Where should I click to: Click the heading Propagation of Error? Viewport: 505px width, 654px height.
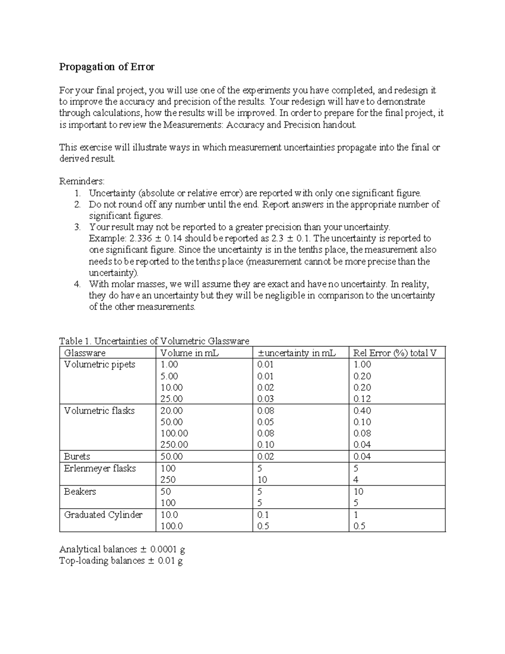pyautogui.click(x=107, y=67)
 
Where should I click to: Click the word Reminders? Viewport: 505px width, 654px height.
pyautogui.click(x=82, y=182)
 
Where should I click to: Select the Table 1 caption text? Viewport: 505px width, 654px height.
pyautogui.click(x=154, y=341)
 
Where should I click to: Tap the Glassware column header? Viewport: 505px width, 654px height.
pyautogui.click(x=85, y=353)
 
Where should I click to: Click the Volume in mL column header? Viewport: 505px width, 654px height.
pyautogui.click(x=189, y=353)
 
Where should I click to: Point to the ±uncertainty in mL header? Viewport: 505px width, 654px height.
pyautogui.click(x=296, y=353)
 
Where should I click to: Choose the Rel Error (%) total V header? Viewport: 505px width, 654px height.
pyautogui.click(x=395, y=353)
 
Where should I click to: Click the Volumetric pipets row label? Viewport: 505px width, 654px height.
pyautogui.click(x=99, y=365)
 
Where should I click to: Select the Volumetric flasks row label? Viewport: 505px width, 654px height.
pyautogui.click(x=99, y=411)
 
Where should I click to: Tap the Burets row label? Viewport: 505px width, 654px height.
pyautogui.click(x=77, y=456)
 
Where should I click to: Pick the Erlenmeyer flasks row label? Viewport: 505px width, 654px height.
pyautogui.click(x=100, y=468)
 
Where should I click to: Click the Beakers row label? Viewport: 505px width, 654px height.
pyautogui.click(x=80, y=491)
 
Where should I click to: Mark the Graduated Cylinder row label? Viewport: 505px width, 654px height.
pyautogui.click(x=103, y=515)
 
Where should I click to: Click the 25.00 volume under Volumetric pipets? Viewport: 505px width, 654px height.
pyautogui.click(x=172, y=399)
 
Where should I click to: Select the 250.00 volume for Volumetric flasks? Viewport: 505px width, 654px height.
pyautogui.click(x=174, y=445)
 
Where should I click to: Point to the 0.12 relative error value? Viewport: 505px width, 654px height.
pyautogui.click(x=362, y=399)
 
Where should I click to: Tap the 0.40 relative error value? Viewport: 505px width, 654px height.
pyautogui.click(x=362, y=411)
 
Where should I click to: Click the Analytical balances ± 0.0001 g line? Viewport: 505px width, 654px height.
pyautogui.click(x=122, y=549)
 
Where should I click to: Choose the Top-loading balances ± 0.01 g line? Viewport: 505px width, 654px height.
pyautogui.click(x=121, y=561)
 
